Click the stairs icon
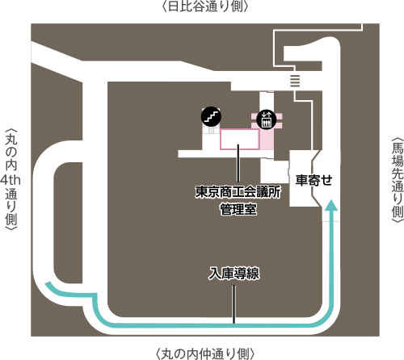[211, 116]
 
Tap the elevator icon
[266, 119]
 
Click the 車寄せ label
[314, 180]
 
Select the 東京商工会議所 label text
[238, 192]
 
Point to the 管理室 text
[238, 209]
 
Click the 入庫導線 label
[234, 273]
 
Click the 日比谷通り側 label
[205, 6]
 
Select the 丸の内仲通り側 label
[205, 354]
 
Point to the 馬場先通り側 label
[398, 180]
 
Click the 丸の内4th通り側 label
[11, 179]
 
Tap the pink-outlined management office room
[240, 139]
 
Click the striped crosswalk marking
[295, 81]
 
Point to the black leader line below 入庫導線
[234, 304]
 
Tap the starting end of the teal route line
[48, 284]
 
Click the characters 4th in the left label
[11, 180]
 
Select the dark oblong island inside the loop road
[68, 223]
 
